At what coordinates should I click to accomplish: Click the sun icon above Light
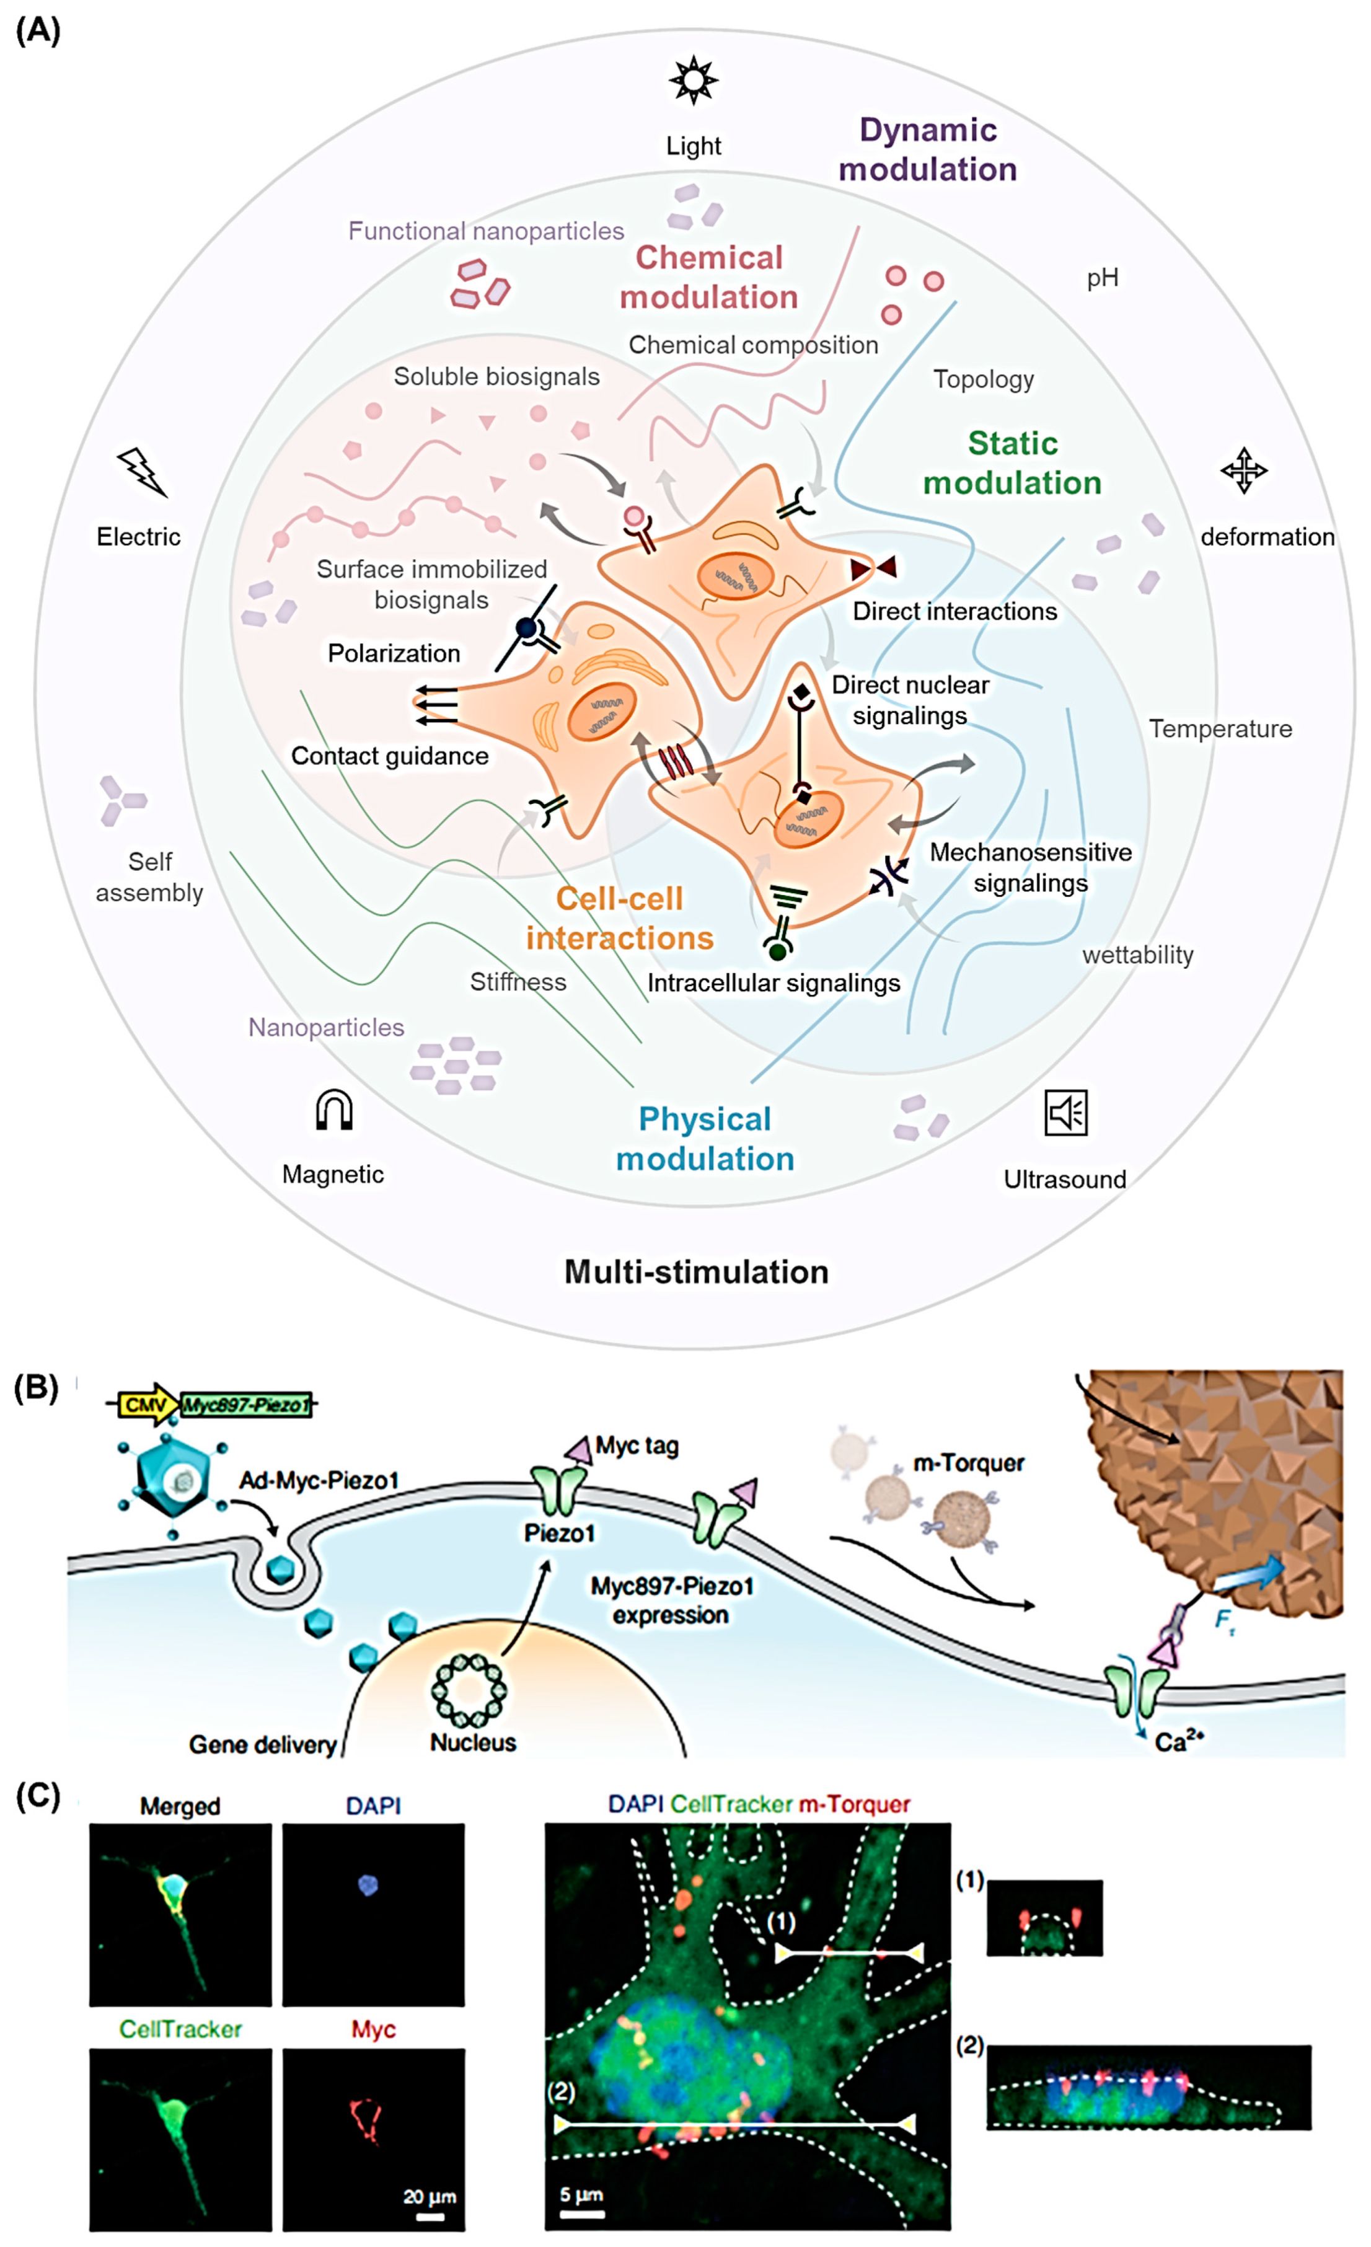click(x=693, y=80)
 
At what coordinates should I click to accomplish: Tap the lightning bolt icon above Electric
click(x=143, y=472)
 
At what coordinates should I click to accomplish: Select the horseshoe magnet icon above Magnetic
click(x=333, y=1111)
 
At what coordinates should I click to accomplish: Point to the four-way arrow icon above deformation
click(x=1243, y=470)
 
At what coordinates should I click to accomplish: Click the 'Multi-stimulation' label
click(x=697, y=1271)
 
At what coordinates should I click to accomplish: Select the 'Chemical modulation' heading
click(x=708, y=277)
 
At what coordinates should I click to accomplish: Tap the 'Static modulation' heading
click(x=1012, y=462)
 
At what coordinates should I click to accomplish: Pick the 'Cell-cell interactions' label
click(x=620, y=917)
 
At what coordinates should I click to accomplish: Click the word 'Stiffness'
click(x=518, y=981)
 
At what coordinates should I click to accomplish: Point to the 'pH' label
click(x=1102, y=278)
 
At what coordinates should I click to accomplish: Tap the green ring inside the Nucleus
click(x=469, y=1690)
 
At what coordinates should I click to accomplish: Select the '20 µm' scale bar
click(x=430, y=2216)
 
